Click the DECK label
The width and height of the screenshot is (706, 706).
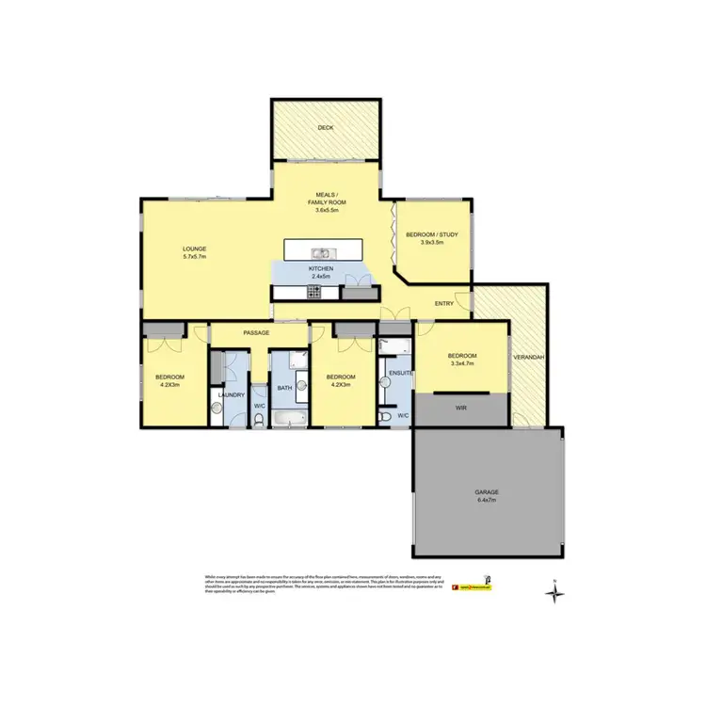coord(326,127)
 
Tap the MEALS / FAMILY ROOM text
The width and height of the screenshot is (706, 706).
coord(326,201)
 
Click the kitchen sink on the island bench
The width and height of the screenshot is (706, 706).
coord(322,252)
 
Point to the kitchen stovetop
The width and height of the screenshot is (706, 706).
coord(313,293)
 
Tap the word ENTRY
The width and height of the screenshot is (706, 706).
coord(444,303)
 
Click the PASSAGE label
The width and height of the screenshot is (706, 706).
coord(256,333)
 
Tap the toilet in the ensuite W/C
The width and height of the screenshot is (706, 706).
coord(386,415)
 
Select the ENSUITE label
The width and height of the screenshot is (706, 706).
coord(401,374)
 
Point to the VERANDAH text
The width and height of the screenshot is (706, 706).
coord(526,359)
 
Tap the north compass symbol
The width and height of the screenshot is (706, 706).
coord(556,592)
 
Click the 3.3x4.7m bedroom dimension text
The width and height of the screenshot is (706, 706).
coord(462,363)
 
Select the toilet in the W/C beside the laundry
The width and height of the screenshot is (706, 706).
coord(260,421)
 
